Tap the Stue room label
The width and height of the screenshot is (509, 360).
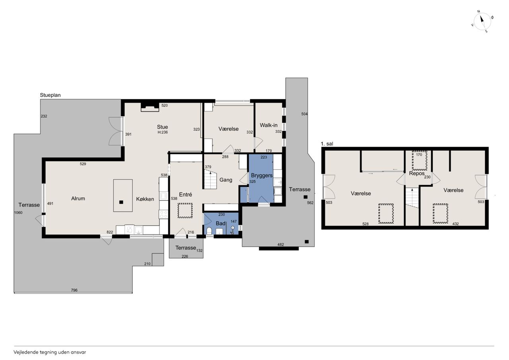(162, 127)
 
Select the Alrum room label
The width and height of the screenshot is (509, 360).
(78, 198)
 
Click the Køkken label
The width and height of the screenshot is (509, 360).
(145, 199)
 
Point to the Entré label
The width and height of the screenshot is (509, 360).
(185, 194)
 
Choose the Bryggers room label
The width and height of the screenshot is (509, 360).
(262, 176)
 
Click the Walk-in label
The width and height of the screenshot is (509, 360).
(268, 125)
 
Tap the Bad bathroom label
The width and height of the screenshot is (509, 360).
(220, 224)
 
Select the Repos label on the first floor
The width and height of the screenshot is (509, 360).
(417, 173)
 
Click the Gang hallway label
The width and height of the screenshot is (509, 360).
(225, 180)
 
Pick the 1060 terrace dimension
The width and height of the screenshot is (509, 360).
(18, 213)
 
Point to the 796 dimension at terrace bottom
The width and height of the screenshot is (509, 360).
(74, 290)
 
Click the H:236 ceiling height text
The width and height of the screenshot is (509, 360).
(163, 132)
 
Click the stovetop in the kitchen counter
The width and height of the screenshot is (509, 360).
(163, 214)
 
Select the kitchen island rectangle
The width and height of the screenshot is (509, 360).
(123, 195)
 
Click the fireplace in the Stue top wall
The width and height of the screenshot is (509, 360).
(150, 107)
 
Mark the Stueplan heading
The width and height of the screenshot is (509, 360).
(50, 95)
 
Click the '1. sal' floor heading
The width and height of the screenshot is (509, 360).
(327, 144)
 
